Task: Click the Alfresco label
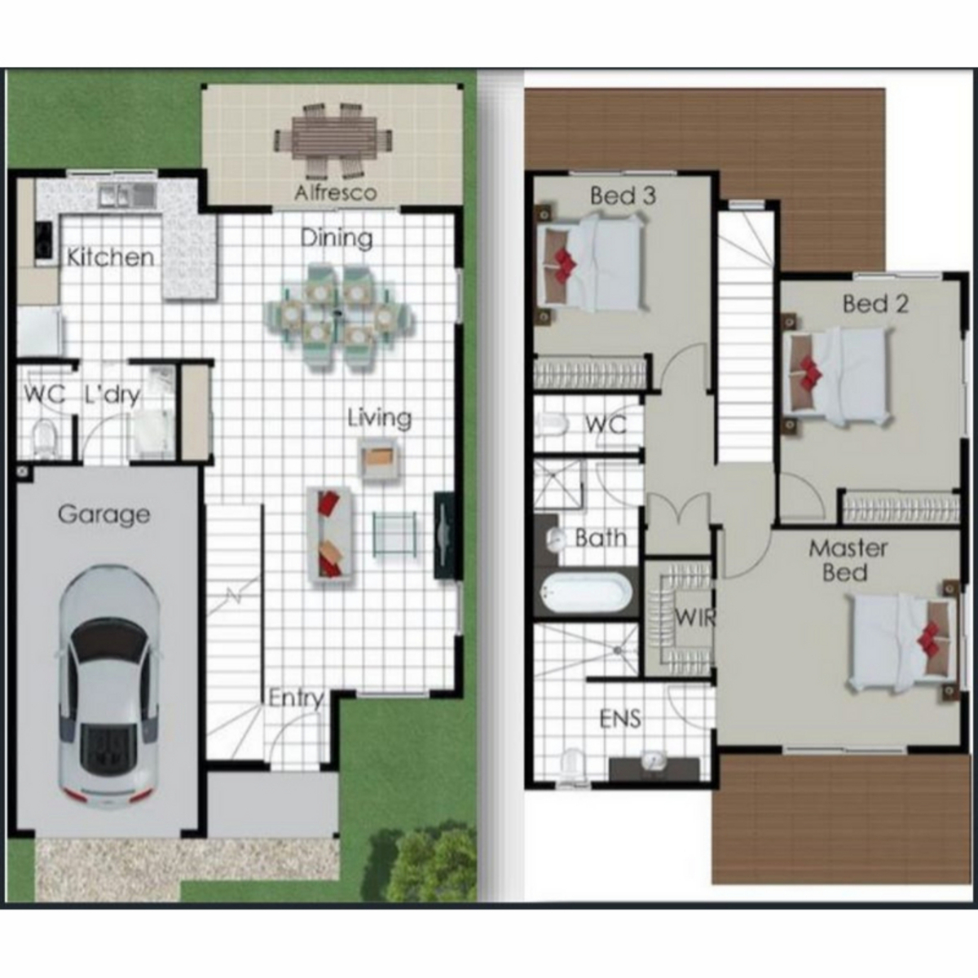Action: point(336,193)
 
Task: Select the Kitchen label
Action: point(111,258)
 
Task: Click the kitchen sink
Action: point(126,196)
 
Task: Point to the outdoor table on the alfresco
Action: point(334,139)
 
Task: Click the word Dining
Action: point(337,239)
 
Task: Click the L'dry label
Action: point(112,394)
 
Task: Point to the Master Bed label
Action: point(848,561)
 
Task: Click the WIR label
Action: point(694,618)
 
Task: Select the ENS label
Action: point(619,719)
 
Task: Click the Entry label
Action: point(296,698)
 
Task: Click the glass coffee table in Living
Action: point(394,534)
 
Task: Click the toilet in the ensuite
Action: point(572,767)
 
